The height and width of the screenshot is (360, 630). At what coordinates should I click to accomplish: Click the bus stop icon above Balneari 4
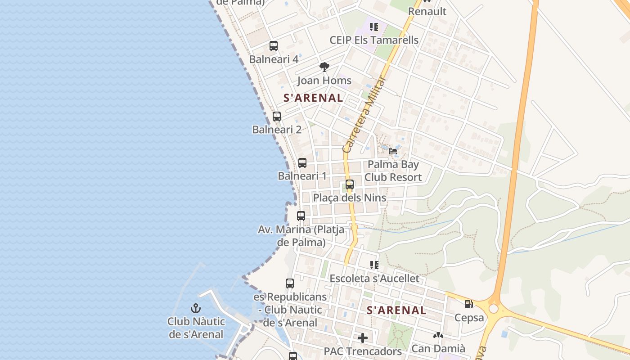tap(274, 45)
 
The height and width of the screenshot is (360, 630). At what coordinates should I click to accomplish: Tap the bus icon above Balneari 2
tap(277, 117)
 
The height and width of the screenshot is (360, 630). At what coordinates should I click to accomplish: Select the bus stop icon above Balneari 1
tap(302, 163)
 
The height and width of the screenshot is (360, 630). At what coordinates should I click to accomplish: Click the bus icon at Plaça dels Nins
tap(350, 184)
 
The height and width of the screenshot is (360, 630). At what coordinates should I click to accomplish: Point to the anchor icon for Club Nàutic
tap(196, 308)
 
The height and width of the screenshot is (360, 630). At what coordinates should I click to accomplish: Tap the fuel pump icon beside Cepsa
tap(468, 304)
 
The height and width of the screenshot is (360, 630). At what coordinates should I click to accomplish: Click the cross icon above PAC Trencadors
tap(363, 337)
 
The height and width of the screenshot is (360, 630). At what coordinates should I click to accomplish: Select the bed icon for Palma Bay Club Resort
tap(393, 151)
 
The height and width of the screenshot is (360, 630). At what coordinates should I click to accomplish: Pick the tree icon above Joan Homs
tap(324, 67)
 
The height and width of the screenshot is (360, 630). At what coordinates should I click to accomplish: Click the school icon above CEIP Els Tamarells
tap(374, 27)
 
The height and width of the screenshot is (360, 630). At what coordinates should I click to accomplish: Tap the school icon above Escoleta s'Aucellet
tap(374, 265)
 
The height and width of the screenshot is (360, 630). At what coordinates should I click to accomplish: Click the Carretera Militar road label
tap(364, 115)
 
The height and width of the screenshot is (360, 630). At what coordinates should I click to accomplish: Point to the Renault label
tap(427, 11)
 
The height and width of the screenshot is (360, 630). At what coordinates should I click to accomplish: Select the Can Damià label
tap(438, 348)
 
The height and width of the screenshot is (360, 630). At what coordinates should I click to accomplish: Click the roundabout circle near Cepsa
tap(494, 309)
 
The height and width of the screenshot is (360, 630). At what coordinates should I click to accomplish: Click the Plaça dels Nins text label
tap(350, 198)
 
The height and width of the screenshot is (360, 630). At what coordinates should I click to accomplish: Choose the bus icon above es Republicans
tap(290, 283)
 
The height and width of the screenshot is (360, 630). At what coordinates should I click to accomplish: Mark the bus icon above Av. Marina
tap(301, 216)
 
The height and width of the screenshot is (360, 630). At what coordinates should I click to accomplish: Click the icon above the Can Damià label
tap(438, 335)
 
